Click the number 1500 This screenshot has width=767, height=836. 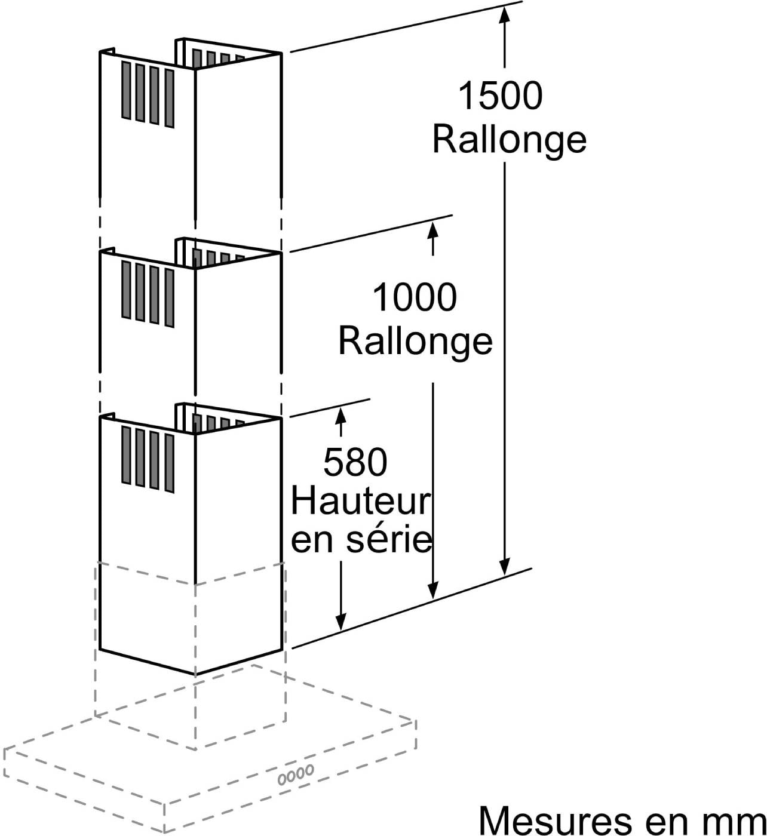click(500, 96)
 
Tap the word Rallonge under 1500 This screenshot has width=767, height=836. click(510, 140)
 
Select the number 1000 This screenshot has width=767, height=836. click(415, 297)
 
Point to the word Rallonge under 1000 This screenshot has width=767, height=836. click(415, 342)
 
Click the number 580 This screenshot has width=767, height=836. click(355, 462)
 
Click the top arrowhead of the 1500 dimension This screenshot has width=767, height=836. click(505, 15)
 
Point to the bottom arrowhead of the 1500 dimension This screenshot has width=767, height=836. click(505, 565)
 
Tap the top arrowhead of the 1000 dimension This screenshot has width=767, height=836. click(433, 231)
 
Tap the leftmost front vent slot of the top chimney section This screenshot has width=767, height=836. click(126, 90)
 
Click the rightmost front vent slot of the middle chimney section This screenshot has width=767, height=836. click(169, 298)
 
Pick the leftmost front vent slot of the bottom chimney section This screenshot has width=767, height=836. click(126, 455)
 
